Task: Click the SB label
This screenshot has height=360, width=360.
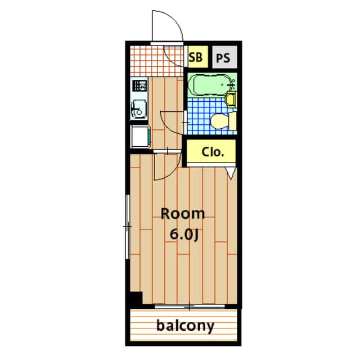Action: click(195, 57)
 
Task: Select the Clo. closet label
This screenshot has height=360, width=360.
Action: click(213, 151)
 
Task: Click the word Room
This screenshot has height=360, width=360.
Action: click(183, 214)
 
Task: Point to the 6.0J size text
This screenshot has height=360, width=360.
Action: click(183, 235)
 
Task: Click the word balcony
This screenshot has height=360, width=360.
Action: click(186, 326)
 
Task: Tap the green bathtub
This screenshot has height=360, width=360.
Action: click(208, 85)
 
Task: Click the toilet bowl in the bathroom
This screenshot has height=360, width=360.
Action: click(219, 121)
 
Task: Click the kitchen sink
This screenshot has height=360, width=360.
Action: click(138, 107)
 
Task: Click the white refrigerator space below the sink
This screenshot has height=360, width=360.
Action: click(139, 136)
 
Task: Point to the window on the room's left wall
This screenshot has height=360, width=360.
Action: click(128, 226)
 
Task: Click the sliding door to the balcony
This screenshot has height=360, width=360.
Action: click(191, 307)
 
